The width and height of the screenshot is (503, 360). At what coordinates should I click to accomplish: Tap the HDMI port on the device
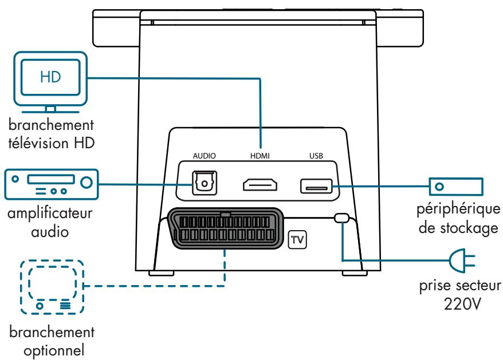coord(260,185)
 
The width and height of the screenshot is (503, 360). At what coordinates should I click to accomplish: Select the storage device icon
coord(456,185)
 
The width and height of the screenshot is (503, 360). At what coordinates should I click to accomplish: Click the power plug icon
coord(465,262)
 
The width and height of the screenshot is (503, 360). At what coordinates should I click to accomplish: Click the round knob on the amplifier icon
coord(86,183)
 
